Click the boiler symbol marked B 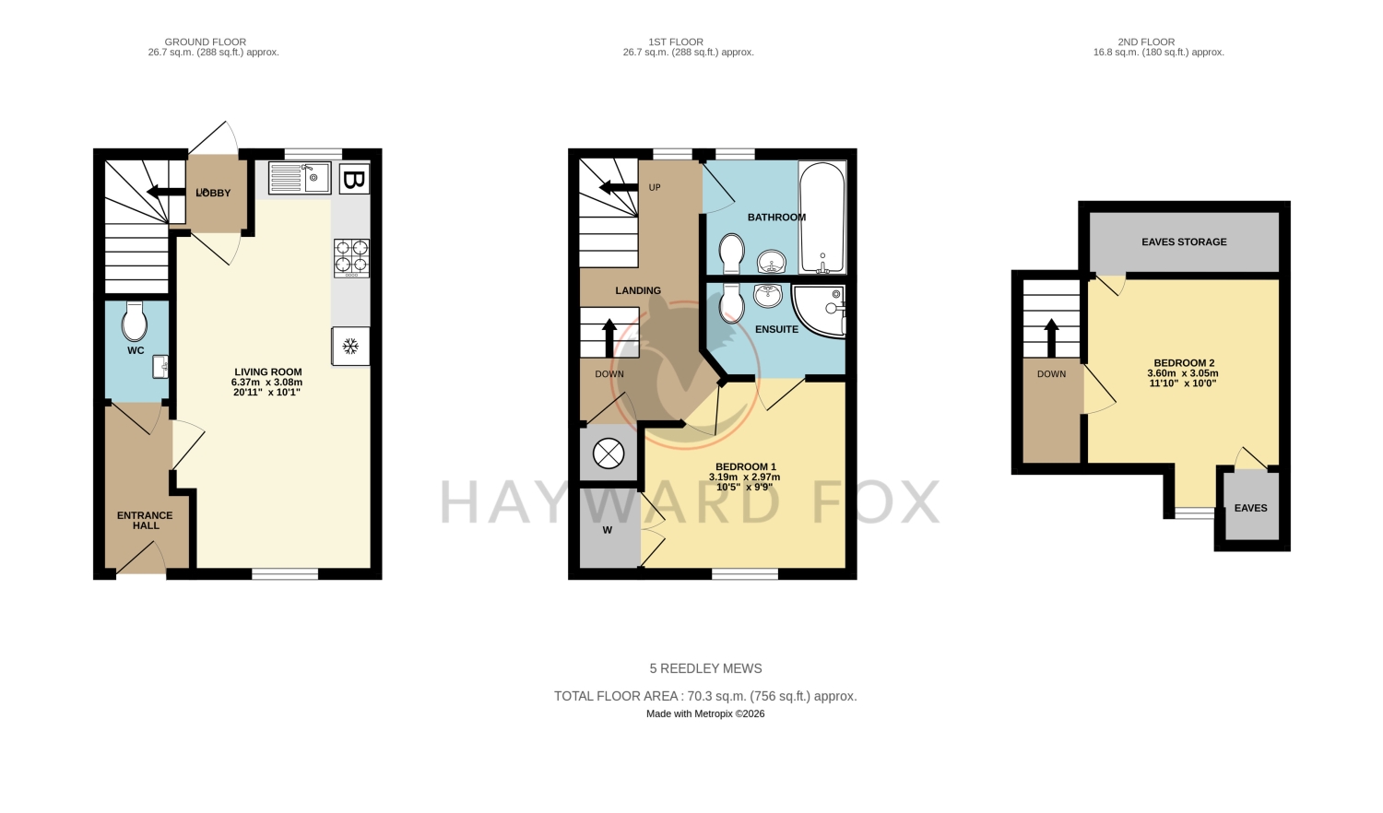(x=354, y=179)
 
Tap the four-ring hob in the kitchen (x=351, y=258)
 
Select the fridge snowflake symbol (x=350, y=346)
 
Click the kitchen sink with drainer (x=300, y=177)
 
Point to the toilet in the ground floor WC (x=134, y=321)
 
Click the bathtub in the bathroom (x=822, y=218)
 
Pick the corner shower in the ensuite (x=819, y=312)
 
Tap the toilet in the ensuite (x=732, y=303)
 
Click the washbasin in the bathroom (x=771, y=261)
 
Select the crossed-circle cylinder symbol (x=609, y=454)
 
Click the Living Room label (x=268, y=371)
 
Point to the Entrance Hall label (x=145, y=521)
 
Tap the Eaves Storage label (x=1184, y=242)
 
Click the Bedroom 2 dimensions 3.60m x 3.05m (x=1182, y=373)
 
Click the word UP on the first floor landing (x=655, y=187)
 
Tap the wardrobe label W (x=608, y=530)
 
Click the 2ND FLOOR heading (x=1146, y=42)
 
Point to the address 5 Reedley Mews (x=705, y=668)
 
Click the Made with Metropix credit (x=705, y=713)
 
